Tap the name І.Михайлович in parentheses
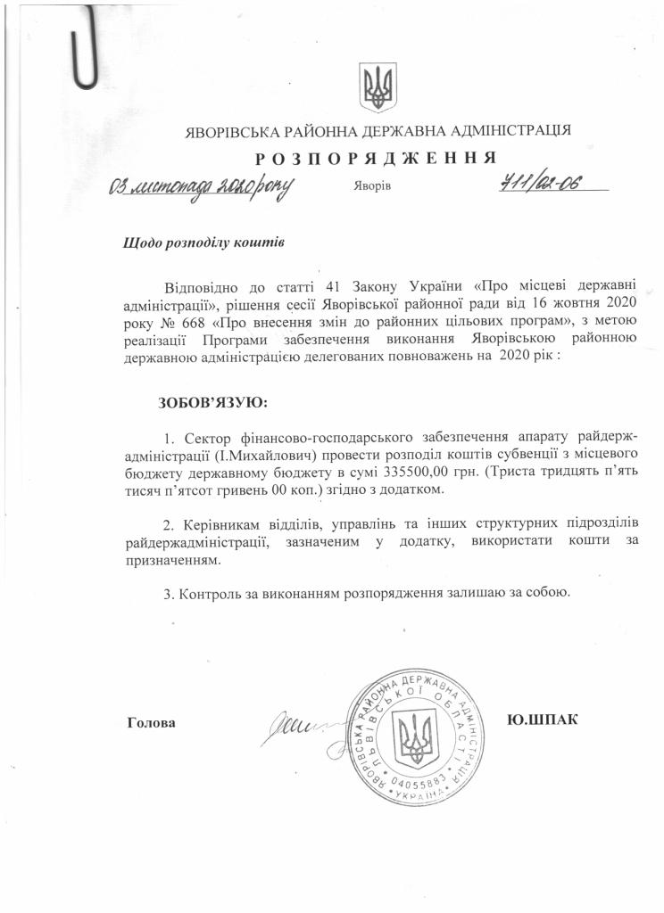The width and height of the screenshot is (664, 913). point(273,455)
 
